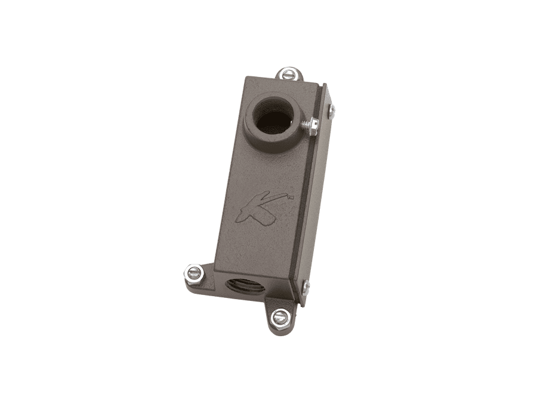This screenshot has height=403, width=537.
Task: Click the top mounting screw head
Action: [x=287, y=75]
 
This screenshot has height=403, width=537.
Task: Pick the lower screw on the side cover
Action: [x=305, y=288]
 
